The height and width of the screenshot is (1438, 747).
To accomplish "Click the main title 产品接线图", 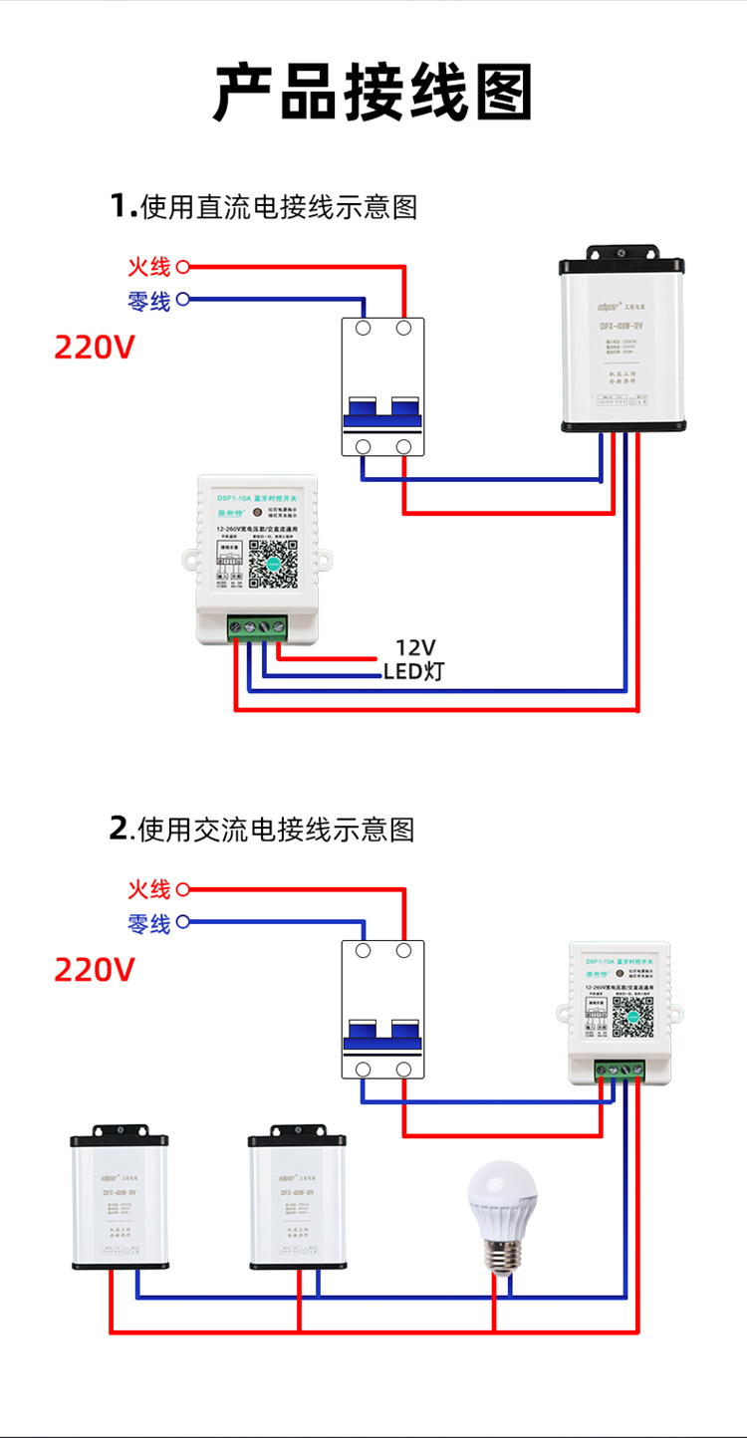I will coord(373,92).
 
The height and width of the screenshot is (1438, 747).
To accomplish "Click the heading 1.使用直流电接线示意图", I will coord(264,206).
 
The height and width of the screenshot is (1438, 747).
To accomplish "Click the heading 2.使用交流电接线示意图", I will coord(262,829).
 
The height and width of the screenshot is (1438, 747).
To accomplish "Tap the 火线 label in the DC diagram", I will coord(148,267).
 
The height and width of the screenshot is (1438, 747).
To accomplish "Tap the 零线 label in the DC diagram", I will coord(148,300).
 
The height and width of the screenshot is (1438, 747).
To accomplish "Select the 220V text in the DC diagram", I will coord(94,348).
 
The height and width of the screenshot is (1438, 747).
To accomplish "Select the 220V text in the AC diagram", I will coord(94,969).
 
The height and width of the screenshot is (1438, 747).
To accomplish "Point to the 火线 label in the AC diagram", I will coord(148,889).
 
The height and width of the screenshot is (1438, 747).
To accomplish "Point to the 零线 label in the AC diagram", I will coord(148,923).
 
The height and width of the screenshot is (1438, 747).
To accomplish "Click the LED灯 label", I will coord(413,671).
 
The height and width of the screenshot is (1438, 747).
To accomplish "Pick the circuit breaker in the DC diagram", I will coord(383,386).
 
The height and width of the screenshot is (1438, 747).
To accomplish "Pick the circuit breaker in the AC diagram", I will coord(383,1008).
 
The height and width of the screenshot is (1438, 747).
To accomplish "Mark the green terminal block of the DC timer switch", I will coord(256,627).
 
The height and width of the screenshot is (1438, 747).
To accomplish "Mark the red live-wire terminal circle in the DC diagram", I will coord(182,267).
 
